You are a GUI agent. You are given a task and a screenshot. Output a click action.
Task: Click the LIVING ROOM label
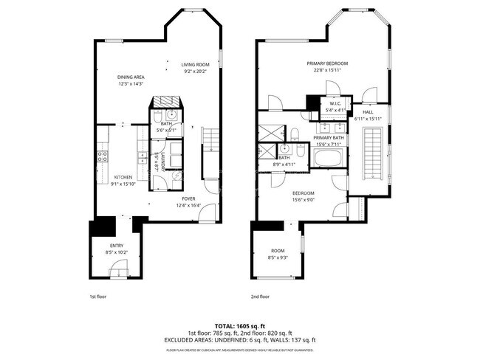tap(196, 65)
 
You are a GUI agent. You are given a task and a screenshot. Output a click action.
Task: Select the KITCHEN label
tap(123, 178)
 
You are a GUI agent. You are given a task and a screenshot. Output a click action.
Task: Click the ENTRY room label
tap(117, 246)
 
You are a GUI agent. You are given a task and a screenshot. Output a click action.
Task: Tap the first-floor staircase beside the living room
tap(210, 139)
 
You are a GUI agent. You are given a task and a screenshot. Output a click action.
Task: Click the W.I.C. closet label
tap(335, 103)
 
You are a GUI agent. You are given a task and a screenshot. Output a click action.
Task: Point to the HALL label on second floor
tap(367, 113)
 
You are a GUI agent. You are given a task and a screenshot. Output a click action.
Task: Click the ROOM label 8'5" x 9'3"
tap(278, 251)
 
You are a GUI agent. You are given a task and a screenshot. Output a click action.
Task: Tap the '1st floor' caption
tap(97, 297)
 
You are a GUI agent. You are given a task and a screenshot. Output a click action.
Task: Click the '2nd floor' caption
tap(259, 297)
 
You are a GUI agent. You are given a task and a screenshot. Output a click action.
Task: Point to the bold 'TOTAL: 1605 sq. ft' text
tap(239, 325)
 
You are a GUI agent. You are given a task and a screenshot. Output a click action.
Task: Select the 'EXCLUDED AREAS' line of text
tap(239, 339)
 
